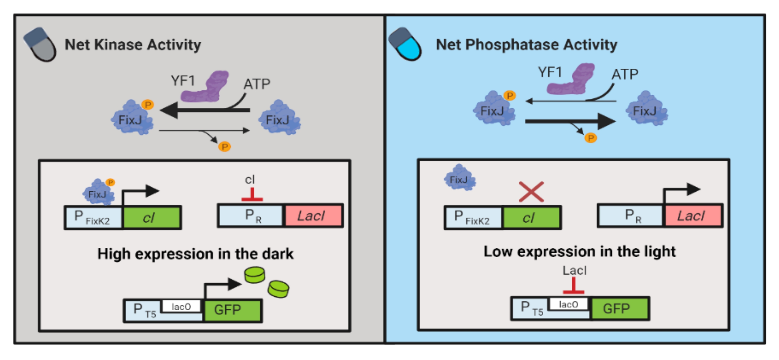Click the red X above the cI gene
tap(531, 192)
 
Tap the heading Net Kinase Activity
tap(133, 45)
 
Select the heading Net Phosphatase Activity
tap(526, 45)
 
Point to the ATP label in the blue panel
tap(625, 75)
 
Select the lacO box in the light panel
tap(568, 304)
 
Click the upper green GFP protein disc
tap(255, 275)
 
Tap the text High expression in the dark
tap(195, 254)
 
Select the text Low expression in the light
tap(579, 252)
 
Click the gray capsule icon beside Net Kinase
tap(40, 45)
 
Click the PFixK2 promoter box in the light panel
tap(473, 217)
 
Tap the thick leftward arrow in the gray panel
tap(206, 110)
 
